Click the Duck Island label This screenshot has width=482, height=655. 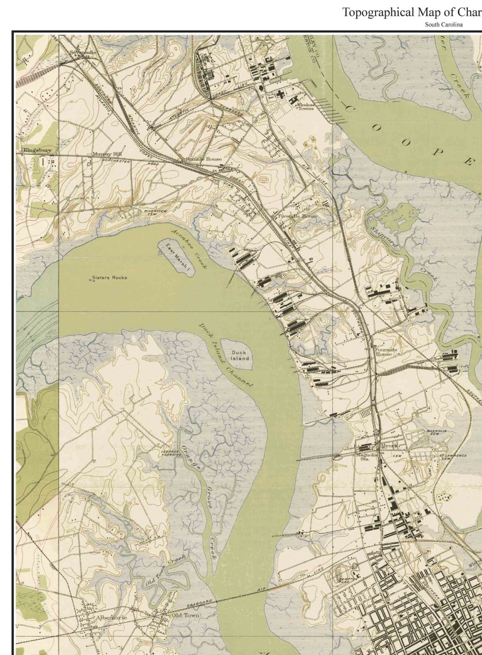point(239,355)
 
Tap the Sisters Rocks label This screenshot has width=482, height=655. point(110,277)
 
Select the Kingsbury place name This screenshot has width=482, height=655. point(37,150)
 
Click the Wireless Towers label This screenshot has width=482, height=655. point(306,107)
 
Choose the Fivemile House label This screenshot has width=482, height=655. point(298,216)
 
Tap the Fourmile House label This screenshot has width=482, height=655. point(384,352)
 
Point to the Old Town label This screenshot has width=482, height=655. point(186,615)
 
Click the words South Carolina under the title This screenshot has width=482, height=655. point(444,24)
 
